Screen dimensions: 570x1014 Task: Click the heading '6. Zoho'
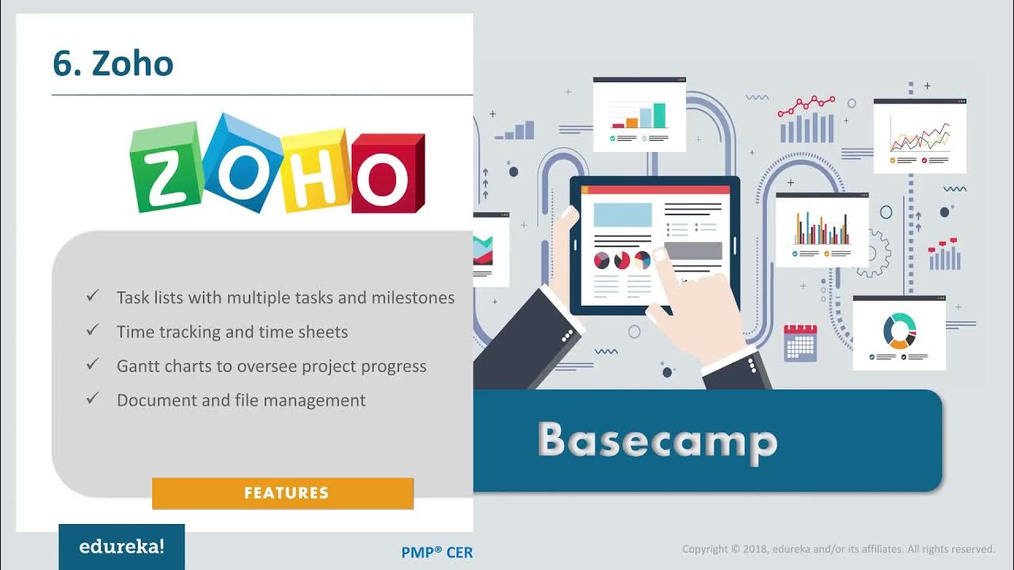pos(112,63)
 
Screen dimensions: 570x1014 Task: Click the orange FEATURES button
pos(283,493)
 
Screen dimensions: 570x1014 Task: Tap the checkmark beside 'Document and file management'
pos(93,399)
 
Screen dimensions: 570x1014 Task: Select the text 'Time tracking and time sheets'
pos(232,332)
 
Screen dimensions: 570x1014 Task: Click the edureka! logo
pos(121,547)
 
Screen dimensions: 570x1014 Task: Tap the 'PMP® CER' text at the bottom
pos(436,553)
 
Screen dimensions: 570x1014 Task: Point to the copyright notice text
pos(838,549)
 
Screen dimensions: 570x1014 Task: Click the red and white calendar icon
pos(800,342)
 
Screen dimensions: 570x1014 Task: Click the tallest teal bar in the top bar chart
pos(659,116)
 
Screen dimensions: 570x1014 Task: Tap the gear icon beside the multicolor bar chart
pos(873,253)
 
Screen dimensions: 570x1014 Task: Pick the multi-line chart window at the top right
pos(919,136)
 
